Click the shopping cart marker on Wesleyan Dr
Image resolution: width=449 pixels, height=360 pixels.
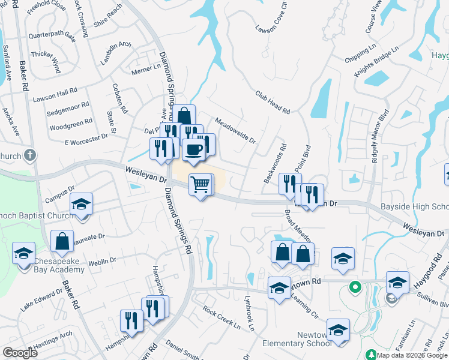click(x=200, y=184)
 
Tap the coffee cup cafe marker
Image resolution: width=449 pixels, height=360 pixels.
click(x=193, y=149)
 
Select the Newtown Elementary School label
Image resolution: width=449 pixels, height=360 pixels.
click(x=297, y=339)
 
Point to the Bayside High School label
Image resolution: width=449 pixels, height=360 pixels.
click(x=414, y=208)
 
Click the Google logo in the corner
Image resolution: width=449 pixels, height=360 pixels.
click(x=20, y=353)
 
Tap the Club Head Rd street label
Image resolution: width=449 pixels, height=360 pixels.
click(x=273, y=103)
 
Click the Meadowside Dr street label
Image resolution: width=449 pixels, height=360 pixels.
click(x=235, y=130)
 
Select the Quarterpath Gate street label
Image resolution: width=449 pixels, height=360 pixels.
click(x=52, y=36)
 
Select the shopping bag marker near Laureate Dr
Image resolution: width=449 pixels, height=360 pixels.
click(x=62, y=241)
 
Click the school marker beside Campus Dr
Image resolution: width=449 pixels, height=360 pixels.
click(x=81, y=204)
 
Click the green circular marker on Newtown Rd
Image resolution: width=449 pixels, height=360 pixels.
click(x=355, y=288)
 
